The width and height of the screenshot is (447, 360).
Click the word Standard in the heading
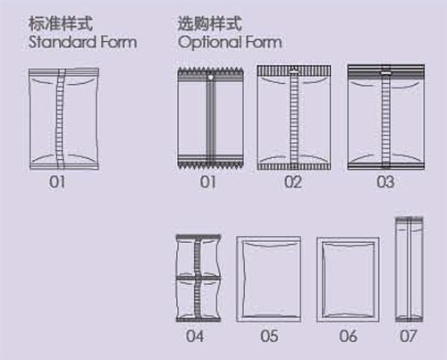pyautogui.click(x=62, y=42)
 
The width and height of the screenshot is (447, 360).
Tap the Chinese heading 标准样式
pyautogui.click(x=61, y=23)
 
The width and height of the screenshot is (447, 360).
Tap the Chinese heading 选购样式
pyautogui.click(x=209, y=23)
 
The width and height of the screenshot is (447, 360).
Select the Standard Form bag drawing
pyautogui.click(x=63, y=120)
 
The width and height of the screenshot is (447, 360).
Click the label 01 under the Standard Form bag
pyautogui.click(x=57, y=182)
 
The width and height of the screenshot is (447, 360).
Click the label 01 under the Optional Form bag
pyautogui.click(x=207, y=182)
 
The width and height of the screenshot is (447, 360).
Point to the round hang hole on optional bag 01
pyautogui.click(x=210, y=78)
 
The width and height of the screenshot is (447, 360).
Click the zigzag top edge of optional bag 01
pyautogui.click(x=211, y=71)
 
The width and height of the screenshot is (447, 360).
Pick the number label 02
pyautogui.click(x=293, y=182)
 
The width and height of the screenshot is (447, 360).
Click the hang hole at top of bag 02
pyautogui.click(x=294, y=70)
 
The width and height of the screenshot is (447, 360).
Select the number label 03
pyautogui.click(x=385, y=182)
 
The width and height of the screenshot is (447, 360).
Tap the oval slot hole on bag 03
pyautogui.click(x=386, y=72)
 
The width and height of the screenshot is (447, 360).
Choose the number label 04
pyautogui.click(x=195, y=336)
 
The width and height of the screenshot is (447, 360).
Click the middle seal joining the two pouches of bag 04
pyautogui.click(x=198, y=278)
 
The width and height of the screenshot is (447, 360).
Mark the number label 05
pyautogui.click(x=269, y=336)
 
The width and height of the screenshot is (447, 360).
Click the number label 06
pyautogui.click(x=348, y=336)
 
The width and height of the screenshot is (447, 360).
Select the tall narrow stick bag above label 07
pyautogui.click(x=409, y=270)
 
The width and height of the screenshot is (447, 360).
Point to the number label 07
pyautogui.click(x=408, y=336)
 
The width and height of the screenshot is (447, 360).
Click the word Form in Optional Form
pyautogui.click(x=264, y=42)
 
